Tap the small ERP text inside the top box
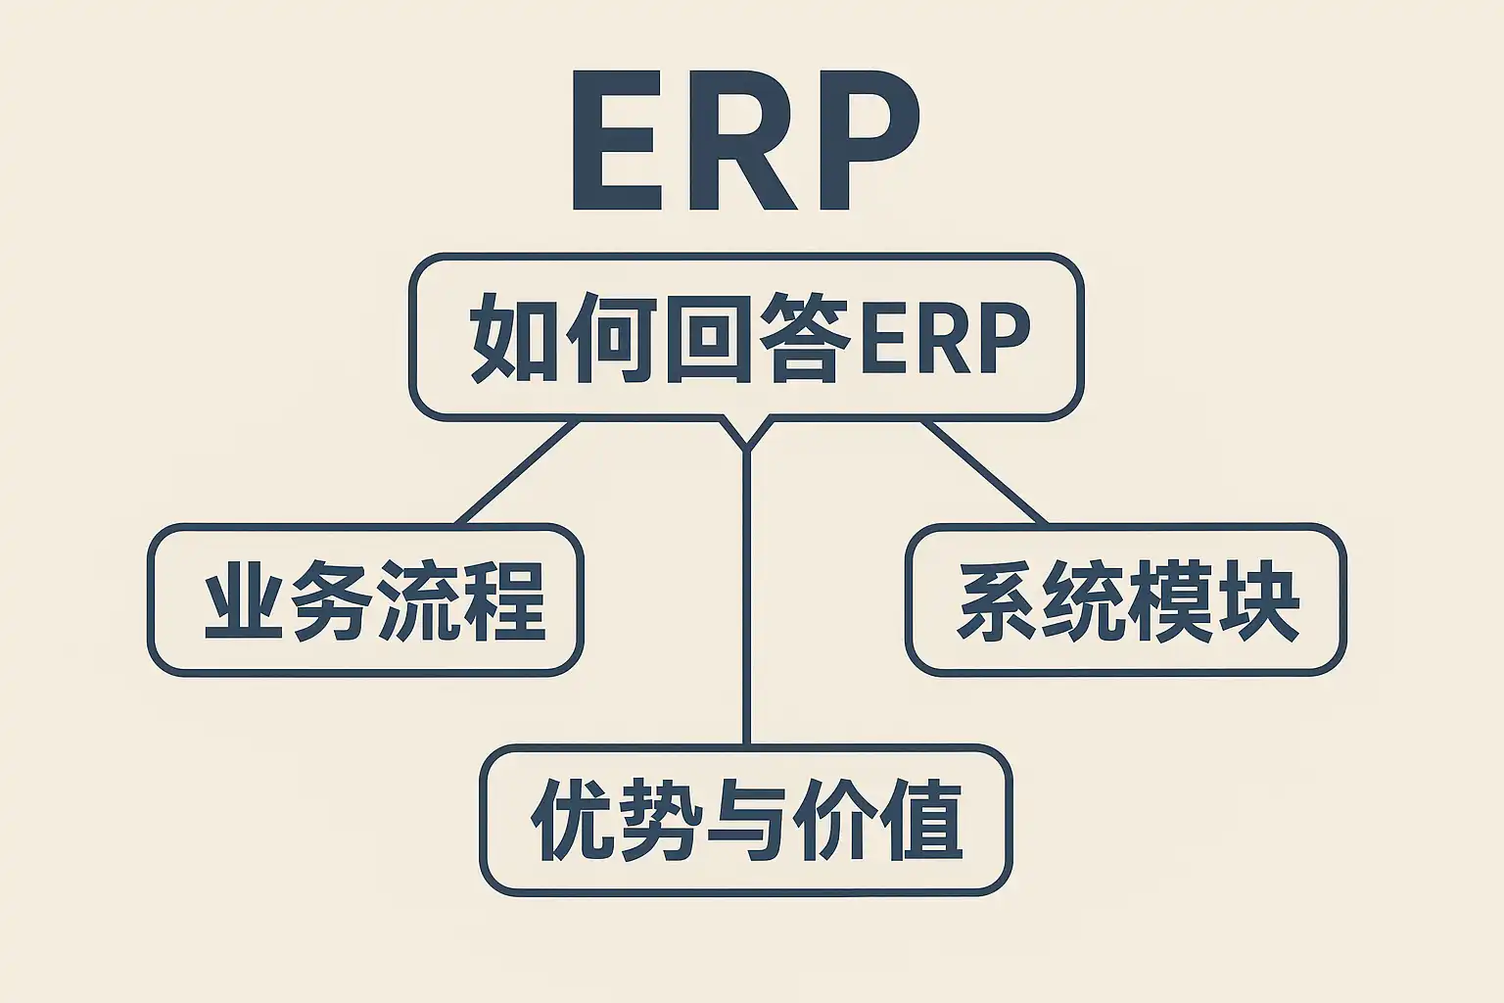point(944,339)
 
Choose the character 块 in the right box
point(1258,600)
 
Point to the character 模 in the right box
point(1171,600)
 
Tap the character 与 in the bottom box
point(747,820)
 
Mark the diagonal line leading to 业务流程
point(517,473)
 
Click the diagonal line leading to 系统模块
point(984,473)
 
